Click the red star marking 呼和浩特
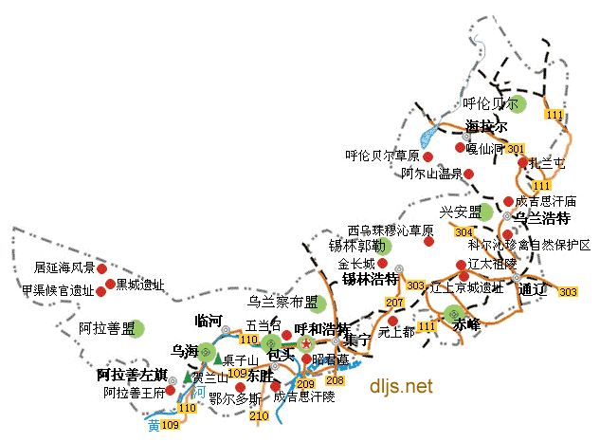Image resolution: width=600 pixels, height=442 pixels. point(305,342)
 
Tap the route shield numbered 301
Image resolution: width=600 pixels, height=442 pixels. point(516,149)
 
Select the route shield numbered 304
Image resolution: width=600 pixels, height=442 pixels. point(464,231)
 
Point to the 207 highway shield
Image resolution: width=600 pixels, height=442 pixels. point(395,303)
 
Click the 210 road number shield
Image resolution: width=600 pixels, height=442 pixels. point(259,415)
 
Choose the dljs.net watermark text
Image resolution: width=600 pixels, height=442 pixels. point(401,386)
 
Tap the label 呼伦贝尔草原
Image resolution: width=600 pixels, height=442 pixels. point(382,156)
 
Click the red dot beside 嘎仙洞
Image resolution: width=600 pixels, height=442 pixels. point(460,148)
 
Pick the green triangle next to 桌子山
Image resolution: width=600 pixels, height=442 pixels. point(218,359)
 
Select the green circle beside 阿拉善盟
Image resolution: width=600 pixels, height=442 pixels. point(140,328)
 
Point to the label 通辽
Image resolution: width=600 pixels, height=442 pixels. point(534,289)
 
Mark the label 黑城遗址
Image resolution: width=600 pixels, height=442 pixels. point(140,284)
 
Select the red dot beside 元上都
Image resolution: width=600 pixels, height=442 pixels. point(392,321)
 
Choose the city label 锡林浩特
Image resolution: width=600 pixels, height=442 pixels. point(370,279)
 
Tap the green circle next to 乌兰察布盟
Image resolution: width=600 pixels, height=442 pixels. point(318,304)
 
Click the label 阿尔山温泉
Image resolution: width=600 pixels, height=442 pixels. point(431,174)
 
